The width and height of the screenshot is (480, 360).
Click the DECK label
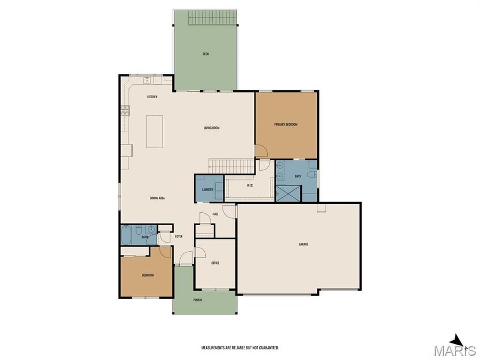pyautogui.click(x=205, y=54)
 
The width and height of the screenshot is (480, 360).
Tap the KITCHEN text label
pyautogui.click(x=152, y=97)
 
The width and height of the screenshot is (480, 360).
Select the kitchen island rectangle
pyautogui.click(x=155, y=131)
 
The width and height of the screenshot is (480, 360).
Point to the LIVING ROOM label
pyautogui.click(x=212, y=128)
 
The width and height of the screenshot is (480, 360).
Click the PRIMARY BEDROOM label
pyautogui.click(x=286, y=124)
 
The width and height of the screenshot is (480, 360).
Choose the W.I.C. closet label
pyautogui.click(x=250, y=186)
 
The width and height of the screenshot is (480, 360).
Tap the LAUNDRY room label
pyautogui.click(x=208, y=189)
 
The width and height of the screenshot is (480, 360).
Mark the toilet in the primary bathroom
pyautogui.click(x=314, y=174)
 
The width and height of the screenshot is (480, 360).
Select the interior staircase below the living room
pyautogui.click(x=229, y=165)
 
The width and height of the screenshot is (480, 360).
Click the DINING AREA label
pyautogui.click(x=157, y=198)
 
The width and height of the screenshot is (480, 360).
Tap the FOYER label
pyautogui.click(x=179, y=236)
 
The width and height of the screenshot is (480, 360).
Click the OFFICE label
pyautogui.click(x=215, y=263)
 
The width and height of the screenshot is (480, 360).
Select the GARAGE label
pyautogui.click(x=303, y=244)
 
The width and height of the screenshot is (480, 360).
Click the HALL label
pyautogui.click(x=215, y=214)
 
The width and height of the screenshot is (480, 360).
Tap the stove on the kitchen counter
pyautogui.click(x=126, y=110)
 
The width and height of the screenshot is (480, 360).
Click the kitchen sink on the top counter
pyautogui.click(x=146, y=81)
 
